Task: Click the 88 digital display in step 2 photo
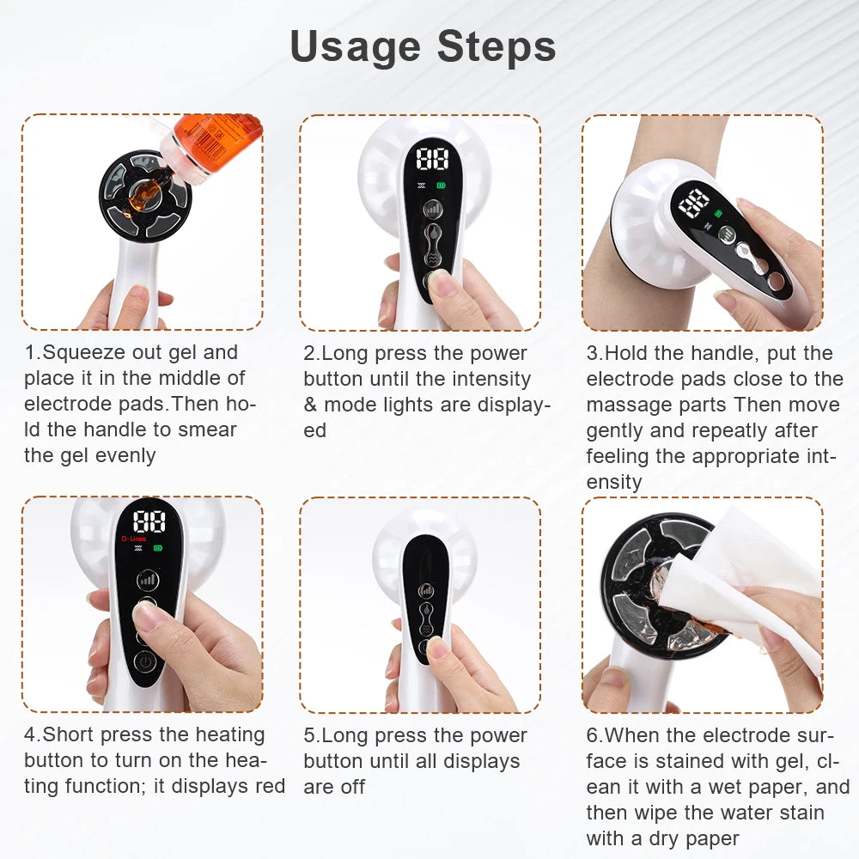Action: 432,159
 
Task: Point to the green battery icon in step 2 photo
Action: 442,185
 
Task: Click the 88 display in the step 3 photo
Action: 694,203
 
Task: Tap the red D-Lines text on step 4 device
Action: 134,539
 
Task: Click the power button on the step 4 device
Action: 146,664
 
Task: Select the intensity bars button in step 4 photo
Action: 148,579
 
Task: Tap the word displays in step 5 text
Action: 484,761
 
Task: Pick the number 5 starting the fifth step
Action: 308,735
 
